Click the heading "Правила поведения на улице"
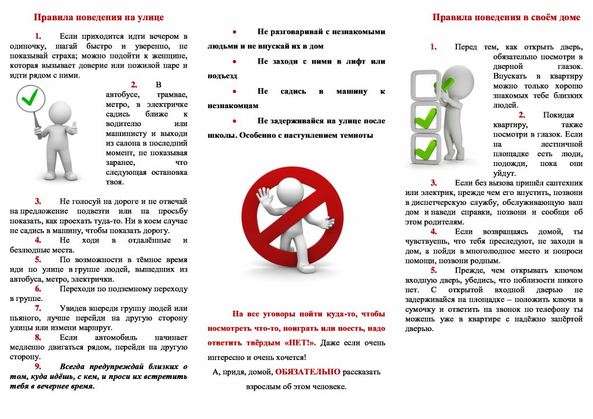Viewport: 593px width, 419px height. pyautogui.click(x=98, y=17)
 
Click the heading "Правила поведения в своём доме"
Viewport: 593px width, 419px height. pyautogui.click(x=506, y=17)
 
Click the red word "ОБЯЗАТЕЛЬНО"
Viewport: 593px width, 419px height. pyautogui.click(x=308, y=372)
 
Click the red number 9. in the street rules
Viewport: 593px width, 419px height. pyautogui.click(x=38, y=367)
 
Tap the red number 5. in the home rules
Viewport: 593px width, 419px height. pyautogui.click(x=434, y=270)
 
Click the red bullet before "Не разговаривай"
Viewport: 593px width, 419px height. pyautogui.click(x=234, y=32)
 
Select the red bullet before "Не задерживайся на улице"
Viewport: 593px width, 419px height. pyautogui.click(x=234, y=121)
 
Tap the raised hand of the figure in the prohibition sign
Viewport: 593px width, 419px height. pyautogui.click(x=263, y=195)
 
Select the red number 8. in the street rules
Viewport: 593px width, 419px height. pyautogui.click(x=38, y=337)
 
